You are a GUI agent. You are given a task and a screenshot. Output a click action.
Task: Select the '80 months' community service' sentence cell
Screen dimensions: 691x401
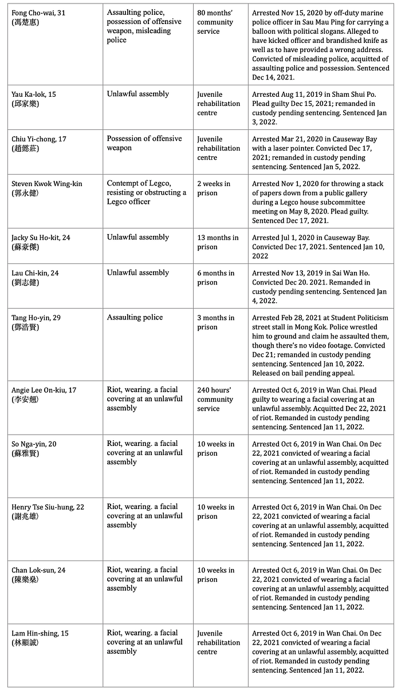215,22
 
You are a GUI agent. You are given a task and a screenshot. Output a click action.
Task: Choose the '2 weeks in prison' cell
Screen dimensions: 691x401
214,188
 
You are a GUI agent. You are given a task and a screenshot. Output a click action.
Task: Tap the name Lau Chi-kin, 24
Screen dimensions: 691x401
35,273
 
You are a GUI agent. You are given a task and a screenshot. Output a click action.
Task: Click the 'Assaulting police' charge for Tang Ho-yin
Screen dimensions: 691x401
135,317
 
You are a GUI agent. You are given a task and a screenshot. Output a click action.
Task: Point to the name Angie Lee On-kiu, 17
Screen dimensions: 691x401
44,390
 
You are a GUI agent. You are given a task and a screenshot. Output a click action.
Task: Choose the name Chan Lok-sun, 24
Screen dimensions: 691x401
38,570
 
